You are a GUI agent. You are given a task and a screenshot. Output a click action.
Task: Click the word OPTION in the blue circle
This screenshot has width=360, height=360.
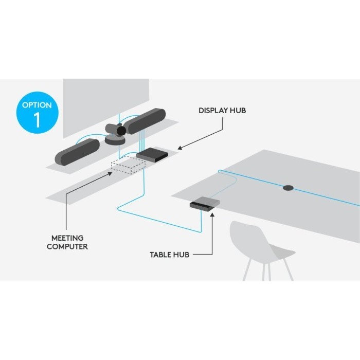(x=37, y=105)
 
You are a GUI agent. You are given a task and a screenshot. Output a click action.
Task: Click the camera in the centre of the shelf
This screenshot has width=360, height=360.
(x=115, y=132)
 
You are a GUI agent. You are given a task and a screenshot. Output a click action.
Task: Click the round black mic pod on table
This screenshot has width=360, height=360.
(x=287, y=188)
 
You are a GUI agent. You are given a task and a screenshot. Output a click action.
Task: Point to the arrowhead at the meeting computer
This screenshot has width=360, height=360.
(x=112, y=172)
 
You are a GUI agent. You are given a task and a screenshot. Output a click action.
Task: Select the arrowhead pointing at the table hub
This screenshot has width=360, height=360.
(x=211, y=214)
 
